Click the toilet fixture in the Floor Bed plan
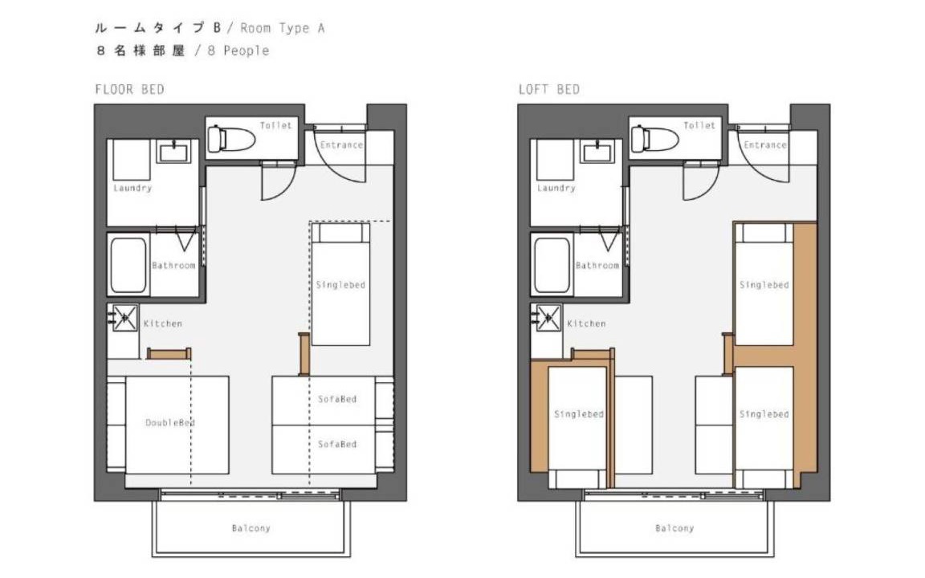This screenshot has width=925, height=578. click(230, 139)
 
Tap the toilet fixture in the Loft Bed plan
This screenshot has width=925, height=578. click(654, 139)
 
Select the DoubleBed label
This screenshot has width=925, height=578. click(170, 422)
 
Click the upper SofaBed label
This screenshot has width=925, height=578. click(337, 399)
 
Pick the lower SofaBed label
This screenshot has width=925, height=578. click(337, 444)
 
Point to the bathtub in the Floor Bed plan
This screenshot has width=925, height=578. click(128, 265)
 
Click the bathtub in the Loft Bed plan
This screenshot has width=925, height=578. click(552, 265)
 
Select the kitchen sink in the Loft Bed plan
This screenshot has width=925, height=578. click(548, 318)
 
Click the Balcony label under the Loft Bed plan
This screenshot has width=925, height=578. click(674, 528)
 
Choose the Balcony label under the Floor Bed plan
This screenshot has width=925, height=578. click(251, 528)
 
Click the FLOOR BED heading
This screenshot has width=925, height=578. click(130, 90)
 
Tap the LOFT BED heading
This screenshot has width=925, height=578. click(549, 90)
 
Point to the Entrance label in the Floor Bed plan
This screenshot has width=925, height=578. click(341, 144)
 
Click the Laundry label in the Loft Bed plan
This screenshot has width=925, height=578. click(556, 188)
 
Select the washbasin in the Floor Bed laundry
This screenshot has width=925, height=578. click(173, 151)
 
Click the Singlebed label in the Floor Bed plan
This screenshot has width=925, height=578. click(341, 285)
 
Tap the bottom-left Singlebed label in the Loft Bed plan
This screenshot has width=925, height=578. click(579, 414)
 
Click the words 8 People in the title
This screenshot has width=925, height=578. click(238, 51)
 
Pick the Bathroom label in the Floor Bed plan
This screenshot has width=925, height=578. click(173, 266)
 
